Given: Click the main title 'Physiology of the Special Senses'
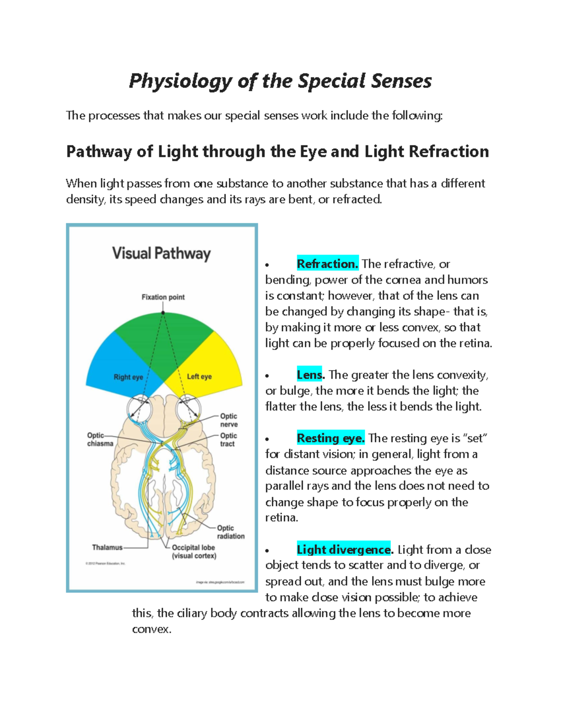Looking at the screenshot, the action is [280, 81].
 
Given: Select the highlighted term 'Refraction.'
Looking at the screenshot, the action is [327, 264].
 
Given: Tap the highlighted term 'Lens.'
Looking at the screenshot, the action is [310, 375].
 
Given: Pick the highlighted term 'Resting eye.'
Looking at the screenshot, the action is [331, 438].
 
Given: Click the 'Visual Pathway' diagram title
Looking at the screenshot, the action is [161, 254].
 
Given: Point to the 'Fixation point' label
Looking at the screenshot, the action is [163, 297].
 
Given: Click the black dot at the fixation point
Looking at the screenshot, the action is [163, 312].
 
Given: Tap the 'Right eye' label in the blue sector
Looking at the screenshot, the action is [128, 377].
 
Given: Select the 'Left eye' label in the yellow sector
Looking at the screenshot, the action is [199, 377].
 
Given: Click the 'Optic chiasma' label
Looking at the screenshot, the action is [100, 439].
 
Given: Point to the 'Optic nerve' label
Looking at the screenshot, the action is [229, 420].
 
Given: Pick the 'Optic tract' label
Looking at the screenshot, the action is [228, 440].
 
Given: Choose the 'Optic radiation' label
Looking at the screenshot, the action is [230, 532].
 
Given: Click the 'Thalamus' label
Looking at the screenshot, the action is [107, 547].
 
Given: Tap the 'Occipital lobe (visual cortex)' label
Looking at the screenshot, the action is [194, 552].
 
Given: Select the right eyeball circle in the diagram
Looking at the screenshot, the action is [140, 407].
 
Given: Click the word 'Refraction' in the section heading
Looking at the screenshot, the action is [449, 151].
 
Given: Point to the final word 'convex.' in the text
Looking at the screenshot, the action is [151, 629].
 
